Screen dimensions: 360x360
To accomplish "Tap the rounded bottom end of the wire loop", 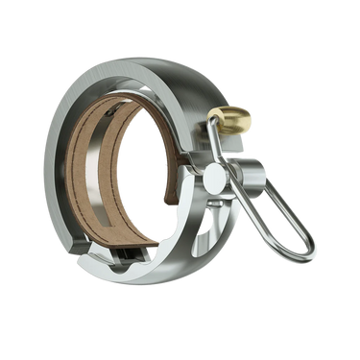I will click(304, 253).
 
